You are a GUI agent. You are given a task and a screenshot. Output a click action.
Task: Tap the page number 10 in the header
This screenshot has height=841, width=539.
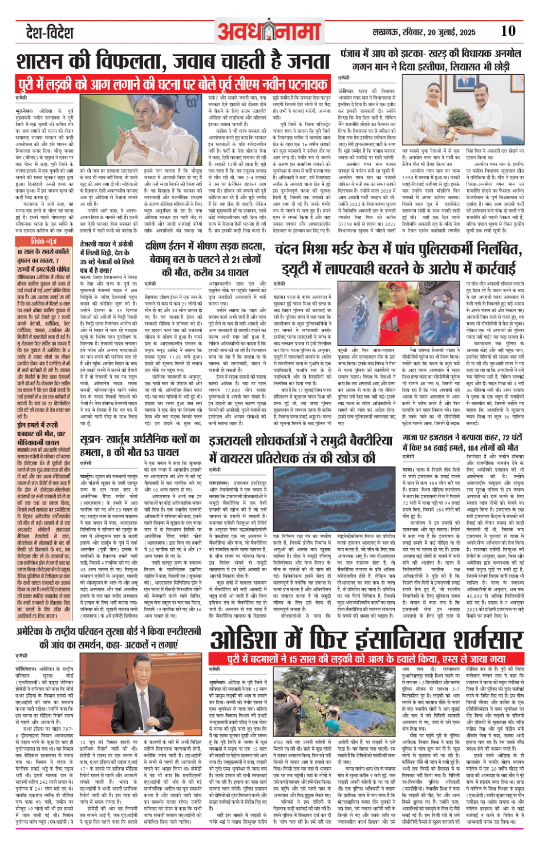click(508, 31)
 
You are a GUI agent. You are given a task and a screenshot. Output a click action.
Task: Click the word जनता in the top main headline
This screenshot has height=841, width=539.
click(305, 61)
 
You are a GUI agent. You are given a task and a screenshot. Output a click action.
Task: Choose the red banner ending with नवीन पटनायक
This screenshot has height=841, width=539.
click(173, 85)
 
